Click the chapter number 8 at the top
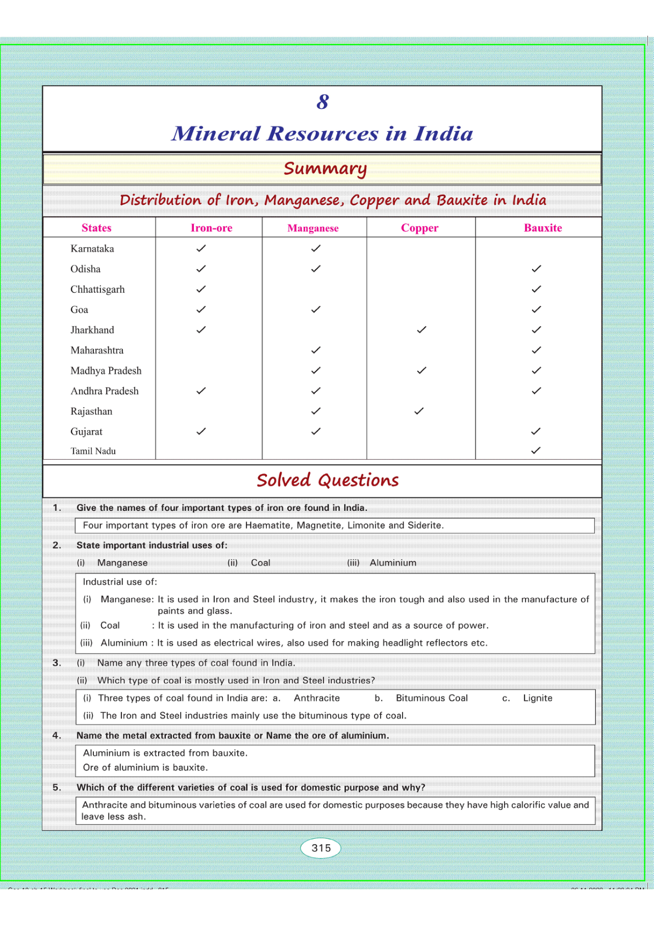coord(322,102)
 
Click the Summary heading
coord(325,169)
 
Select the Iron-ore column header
coord(211,228)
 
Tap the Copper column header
coord(420,228)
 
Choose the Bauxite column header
coord(543,228)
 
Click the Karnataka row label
coord(92,249)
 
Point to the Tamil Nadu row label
coord(93,451)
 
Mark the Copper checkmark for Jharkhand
coord(421,330)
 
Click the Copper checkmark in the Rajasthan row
coord(419,411)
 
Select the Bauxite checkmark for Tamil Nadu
coord(536,450)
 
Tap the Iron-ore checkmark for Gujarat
coord(201,431)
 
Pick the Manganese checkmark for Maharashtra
coord(316,350)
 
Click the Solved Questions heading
coord(327,481)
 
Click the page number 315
coord(321,848)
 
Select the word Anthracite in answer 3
coord(317,698)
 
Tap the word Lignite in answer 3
coord(538,698)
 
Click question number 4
coord(57,735)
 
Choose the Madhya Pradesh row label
coord(106,371)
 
